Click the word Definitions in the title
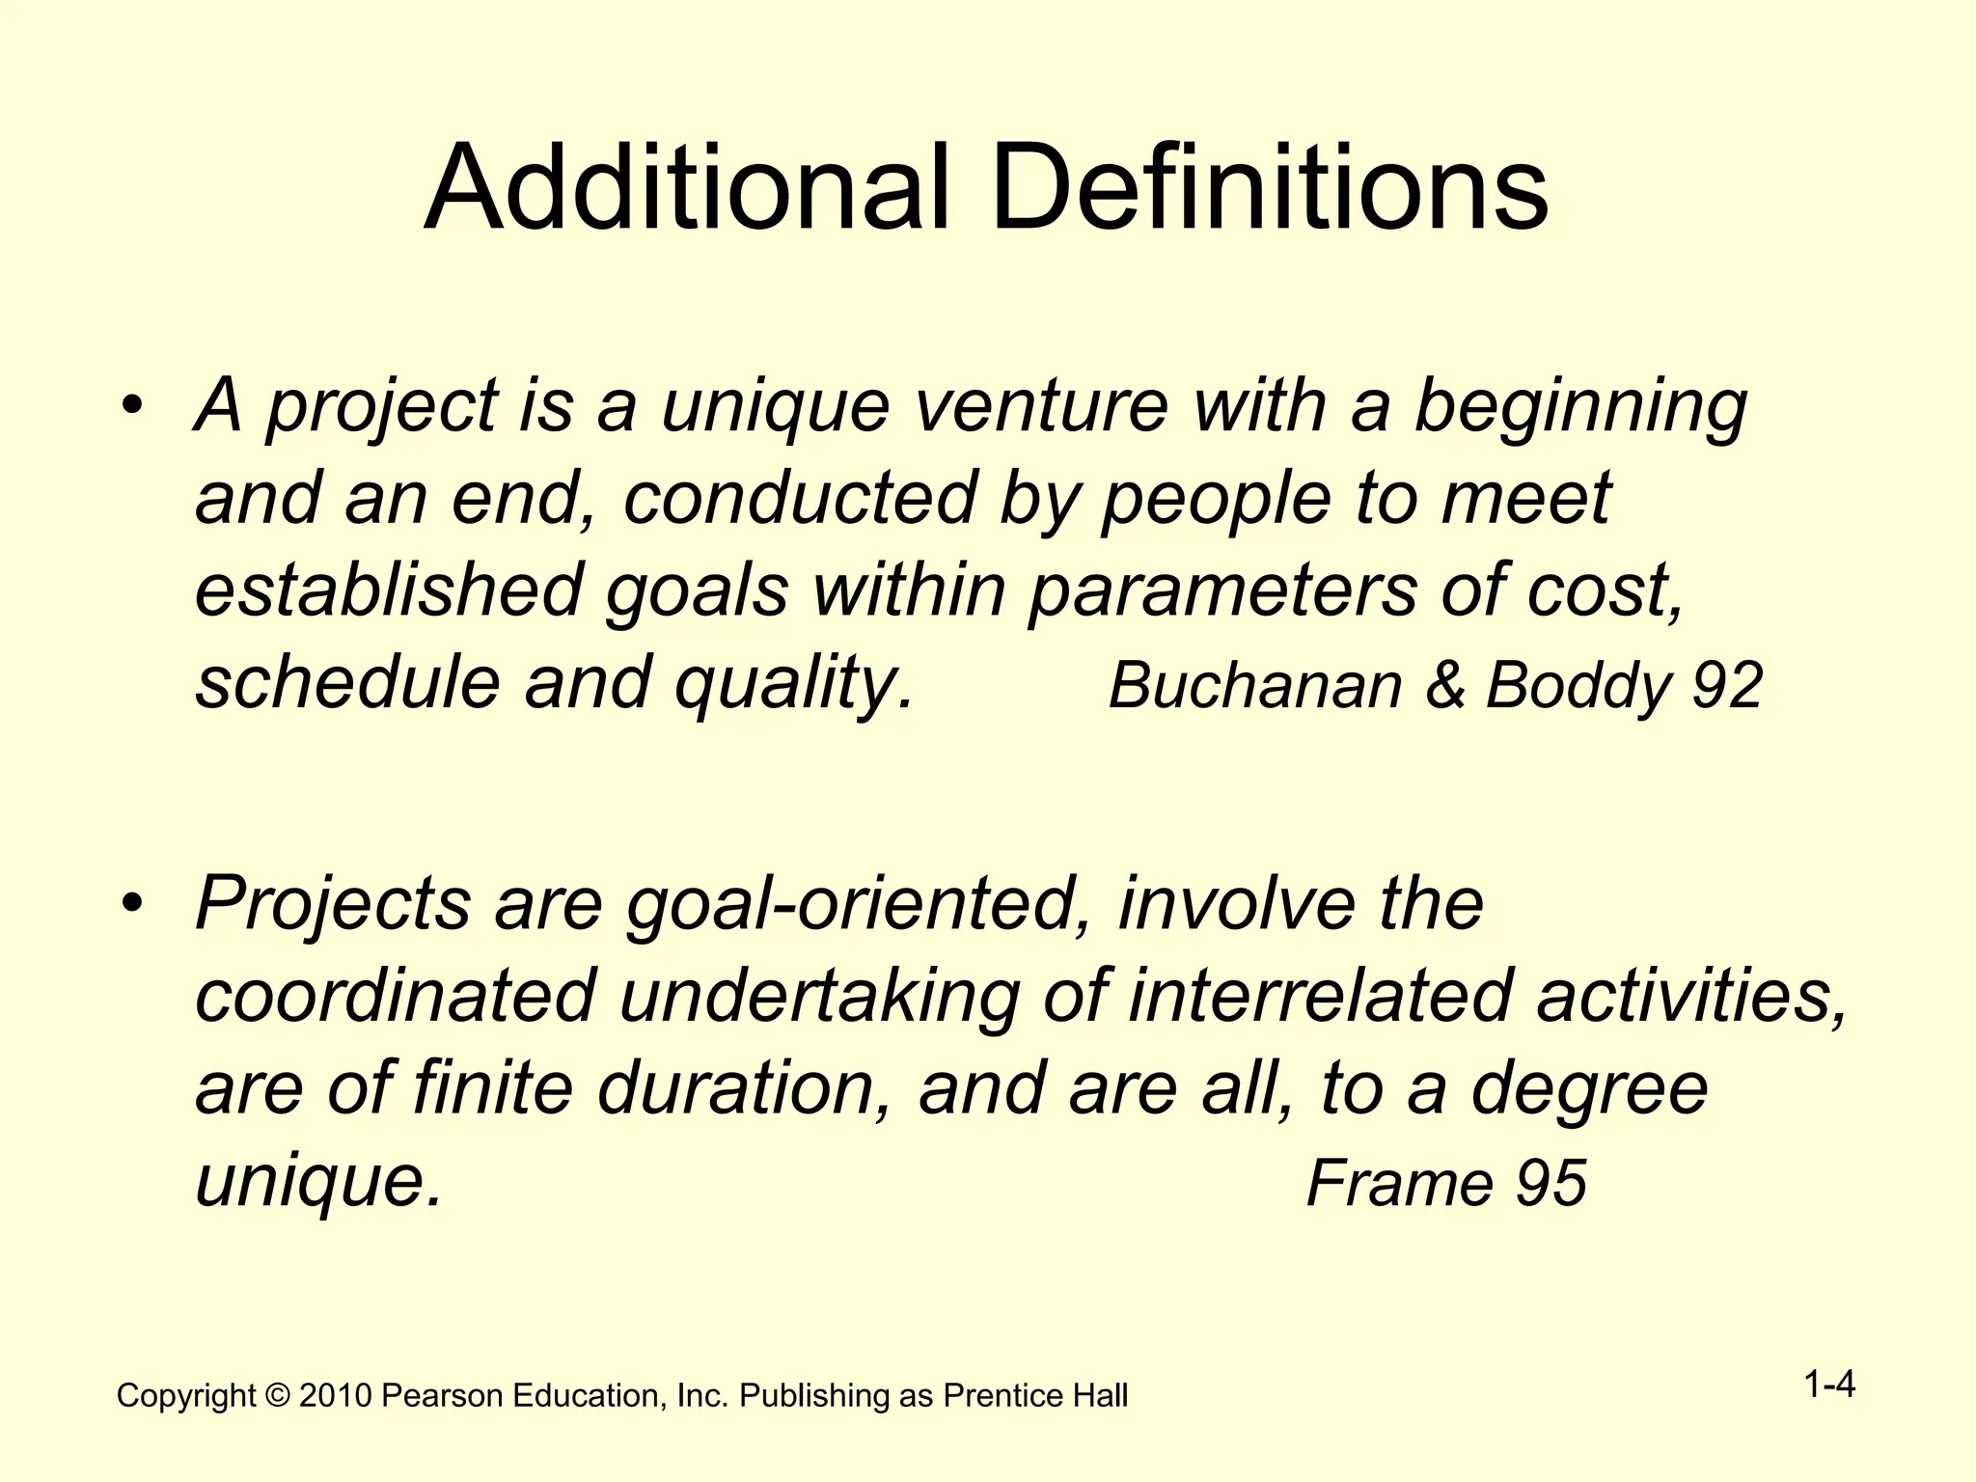[1269, 188]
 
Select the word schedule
[347, 682]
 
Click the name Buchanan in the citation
[1254, 685]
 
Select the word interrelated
[1318, 996]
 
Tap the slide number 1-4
[1829, 1386]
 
